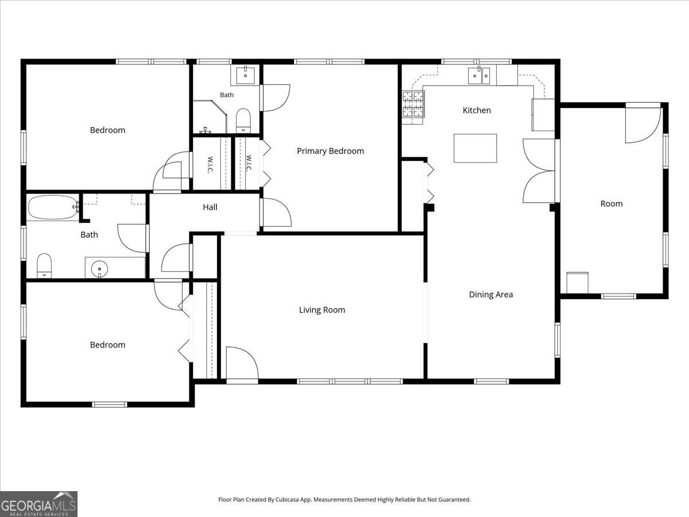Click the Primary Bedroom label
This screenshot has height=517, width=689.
point(330,151)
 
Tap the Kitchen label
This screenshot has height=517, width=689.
point(477,110)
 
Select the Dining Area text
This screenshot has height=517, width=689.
point(490,295)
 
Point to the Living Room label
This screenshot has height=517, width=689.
point(322,310)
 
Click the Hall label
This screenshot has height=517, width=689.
point(210,207)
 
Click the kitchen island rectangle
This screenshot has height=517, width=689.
point(475,148)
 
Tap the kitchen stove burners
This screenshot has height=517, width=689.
point(413,104)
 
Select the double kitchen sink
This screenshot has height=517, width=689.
point(479,75)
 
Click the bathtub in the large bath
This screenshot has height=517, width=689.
point(53,207)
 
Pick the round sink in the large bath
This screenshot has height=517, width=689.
point(99,269)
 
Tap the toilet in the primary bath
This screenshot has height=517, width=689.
point(243,121)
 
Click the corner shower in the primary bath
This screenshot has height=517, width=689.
point(210,117)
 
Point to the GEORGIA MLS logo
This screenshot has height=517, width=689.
point(38,504)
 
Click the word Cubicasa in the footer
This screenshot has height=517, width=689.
point(287,499)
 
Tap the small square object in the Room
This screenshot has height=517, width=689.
point(577,283)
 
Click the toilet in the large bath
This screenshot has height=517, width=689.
point(44,265)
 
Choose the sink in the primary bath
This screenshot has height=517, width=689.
point(245,75)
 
